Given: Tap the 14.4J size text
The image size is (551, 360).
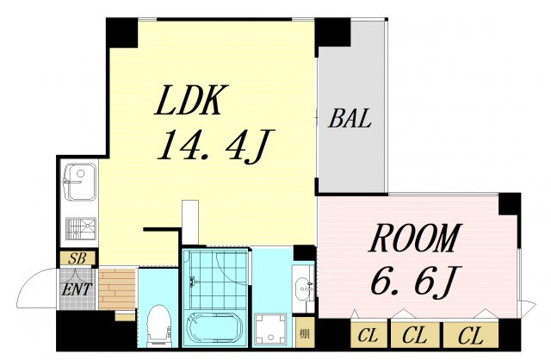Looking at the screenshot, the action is point(215,146).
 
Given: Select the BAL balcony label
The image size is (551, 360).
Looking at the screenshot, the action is point(350,118).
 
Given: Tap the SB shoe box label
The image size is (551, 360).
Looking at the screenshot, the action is point(77,258).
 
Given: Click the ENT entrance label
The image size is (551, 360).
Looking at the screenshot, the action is point(77,289).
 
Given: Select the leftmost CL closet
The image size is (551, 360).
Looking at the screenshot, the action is point(368,335).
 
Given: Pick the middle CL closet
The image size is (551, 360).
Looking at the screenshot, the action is point(415,335).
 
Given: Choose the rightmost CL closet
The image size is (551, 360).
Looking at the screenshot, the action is point(471,335).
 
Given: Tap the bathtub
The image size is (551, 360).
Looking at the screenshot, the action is point(215,329).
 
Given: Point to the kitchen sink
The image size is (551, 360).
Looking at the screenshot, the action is point(80,182).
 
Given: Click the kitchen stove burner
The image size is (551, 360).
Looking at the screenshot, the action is point(81,228).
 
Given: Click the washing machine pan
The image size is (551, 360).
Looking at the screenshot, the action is point(269,329).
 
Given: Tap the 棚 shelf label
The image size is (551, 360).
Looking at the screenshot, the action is point(304,332).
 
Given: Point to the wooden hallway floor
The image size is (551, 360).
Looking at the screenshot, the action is point(117,289).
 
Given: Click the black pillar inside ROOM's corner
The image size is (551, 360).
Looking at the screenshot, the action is point(509,204).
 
